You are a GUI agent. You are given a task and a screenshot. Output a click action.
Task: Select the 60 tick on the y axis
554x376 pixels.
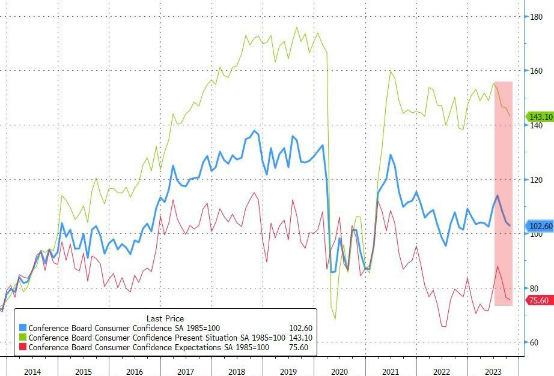tap(535, 342)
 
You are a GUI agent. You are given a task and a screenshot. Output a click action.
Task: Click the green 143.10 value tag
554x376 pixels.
tap(539, 117)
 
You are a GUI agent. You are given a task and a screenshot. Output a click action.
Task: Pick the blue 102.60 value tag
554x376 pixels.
tap(539, 226)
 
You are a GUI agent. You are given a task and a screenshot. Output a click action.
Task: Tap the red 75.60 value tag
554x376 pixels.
tap(539, 300)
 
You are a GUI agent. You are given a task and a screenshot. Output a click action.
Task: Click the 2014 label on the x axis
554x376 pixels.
tap(32, 371)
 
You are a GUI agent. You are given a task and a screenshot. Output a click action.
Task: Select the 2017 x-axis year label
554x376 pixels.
tap(187, 371)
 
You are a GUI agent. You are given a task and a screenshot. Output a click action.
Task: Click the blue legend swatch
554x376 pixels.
tap(23, 328)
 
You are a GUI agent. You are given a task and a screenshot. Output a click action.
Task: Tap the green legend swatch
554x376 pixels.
tap(23, 338)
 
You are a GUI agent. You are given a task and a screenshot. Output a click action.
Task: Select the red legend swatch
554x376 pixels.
tap(23, 347)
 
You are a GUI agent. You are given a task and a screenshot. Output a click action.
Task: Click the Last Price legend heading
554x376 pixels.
tap(165, 318)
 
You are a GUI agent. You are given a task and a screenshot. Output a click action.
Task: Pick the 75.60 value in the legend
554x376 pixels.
tap(300, 347)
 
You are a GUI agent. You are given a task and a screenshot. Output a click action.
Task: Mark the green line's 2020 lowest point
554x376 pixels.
tap(335, 319)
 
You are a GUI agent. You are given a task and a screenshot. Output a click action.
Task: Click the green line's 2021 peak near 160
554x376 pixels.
tap(391, 71)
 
